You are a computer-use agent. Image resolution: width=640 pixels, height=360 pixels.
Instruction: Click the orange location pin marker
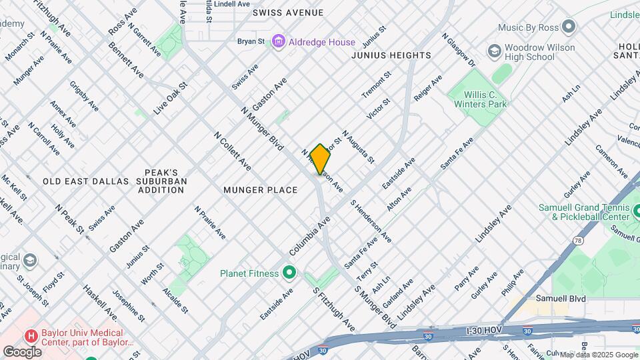click(x=320, y=159)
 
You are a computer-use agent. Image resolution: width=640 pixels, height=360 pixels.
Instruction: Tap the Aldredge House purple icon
click(x=279, y=42)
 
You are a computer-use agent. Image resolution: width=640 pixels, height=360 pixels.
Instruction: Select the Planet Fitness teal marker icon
click(x=289, y=273)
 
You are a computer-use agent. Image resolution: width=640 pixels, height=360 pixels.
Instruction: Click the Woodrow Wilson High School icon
click(x=494, y=51)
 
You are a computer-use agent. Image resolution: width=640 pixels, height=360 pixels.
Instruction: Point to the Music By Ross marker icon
click(x=569, y=27)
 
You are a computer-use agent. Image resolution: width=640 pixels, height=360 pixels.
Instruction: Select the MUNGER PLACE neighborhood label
click(x=260, y=190)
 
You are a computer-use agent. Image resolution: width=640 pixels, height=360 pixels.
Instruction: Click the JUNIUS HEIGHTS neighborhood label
click(x=391, y=55)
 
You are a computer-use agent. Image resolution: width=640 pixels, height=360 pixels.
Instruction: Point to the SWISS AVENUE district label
click(x=288, y=13)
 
